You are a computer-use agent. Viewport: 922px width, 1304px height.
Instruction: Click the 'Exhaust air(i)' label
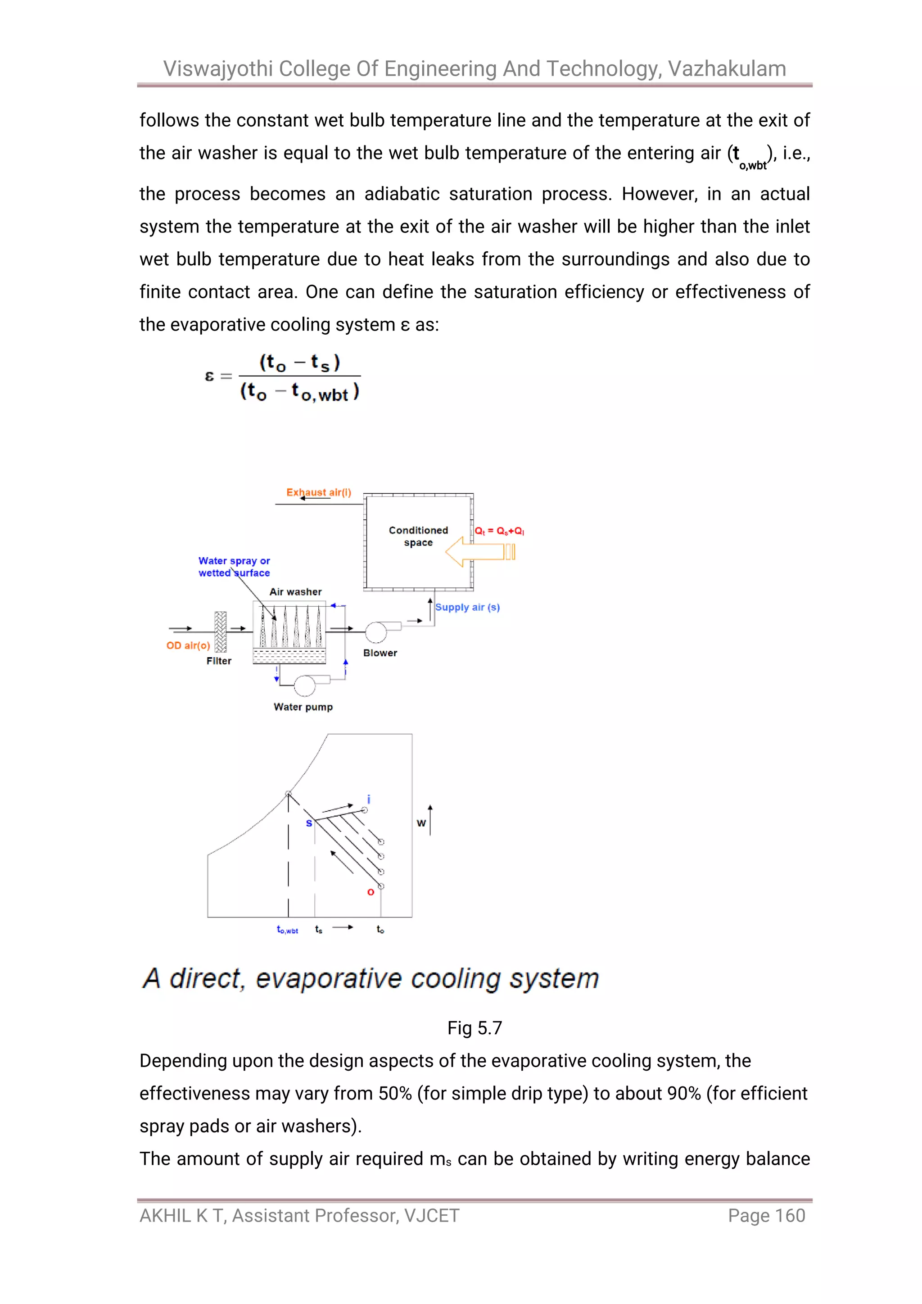tap(318, 492)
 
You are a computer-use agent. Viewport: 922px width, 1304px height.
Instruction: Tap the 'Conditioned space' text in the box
tap(418, 536)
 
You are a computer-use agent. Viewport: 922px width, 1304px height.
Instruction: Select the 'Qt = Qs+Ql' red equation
tap(499, 531)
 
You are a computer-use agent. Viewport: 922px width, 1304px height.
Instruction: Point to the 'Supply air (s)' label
tap(467, 607)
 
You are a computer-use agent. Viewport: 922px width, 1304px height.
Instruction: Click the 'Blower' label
tap(380, 653)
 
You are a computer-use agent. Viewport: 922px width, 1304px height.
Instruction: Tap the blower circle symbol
tap(375, 632)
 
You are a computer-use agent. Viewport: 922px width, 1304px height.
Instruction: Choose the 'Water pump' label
tap(303, 707)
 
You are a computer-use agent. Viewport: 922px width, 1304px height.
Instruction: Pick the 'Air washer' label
tap(295, 592)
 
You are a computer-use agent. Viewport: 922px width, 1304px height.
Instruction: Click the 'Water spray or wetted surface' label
tap(234, 567)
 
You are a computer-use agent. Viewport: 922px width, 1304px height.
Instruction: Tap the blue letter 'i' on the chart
tap(368, 799)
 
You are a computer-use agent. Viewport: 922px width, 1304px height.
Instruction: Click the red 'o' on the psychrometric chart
tap(371, 892)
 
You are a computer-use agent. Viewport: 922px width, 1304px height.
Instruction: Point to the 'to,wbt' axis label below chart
tap(287, 930)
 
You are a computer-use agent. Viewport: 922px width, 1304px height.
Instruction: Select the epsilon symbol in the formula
tap(209, 376)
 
